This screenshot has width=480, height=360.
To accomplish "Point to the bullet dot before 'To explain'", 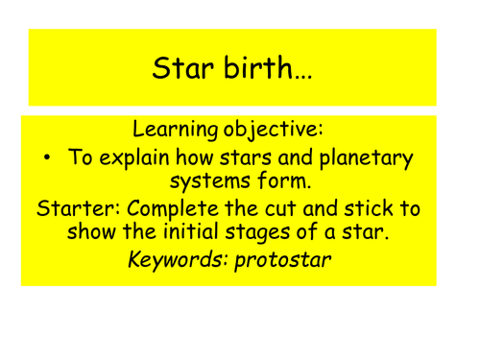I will click(x=48, y=158).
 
